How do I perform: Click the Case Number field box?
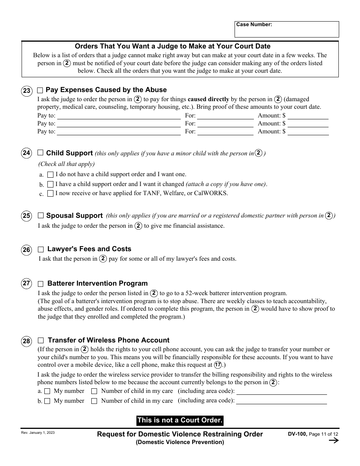click(x=286, y=30)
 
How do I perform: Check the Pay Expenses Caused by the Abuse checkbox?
click(x=40, y=91)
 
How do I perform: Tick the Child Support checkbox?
click(x=41, y=153)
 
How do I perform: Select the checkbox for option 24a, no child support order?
click(x=50, y=175)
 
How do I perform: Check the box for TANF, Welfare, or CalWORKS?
click(x=50, y=194)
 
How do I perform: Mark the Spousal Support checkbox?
click(x=41, y=216)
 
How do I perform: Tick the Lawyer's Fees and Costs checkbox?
click(x=41, y=250)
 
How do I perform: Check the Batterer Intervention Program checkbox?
click(x=41, y=284)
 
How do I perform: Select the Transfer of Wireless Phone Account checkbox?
click(x=41, y=341)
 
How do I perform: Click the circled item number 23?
click(x=27, y=91)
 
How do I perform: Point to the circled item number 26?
click(x=27, y=250)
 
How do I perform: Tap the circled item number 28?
click(x=27, y=341)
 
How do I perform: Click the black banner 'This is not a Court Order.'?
click(x=180, y=420)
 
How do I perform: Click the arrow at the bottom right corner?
click(x=333, y=440)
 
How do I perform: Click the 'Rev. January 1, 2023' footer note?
click(x=38, y=433)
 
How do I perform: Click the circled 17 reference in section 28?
click(x=218, y=365)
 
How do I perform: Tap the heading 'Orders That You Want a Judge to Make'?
click(x=172, y=47)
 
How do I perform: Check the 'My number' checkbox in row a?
click(x=47, y=391)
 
